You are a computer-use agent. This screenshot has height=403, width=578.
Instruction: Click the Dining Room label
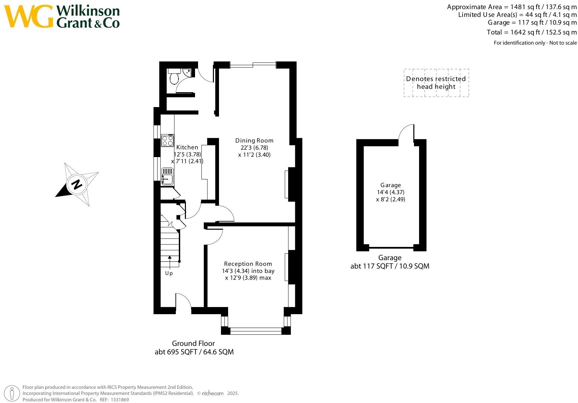pos(254,141)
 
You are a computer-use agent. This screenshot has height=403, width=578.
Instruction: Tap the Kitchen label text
pos(187,147)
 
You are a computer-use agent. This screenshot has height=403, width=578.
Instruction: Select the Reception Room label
pos(248,264)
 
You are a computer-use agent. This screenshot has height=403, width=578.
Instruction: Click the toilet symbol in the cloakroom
pos(174,78)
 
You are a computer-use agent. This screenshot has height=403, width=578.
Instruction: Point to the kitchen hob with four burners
pos(167,140)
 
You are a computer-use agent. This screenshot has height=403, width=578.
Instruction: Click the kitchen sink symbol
pos(167,177)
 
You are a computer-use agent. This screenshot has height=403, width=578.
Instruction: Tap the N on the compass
pos(77,184)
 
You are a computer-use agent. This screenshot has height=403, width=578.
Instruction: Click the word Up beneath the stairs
pos(169,273)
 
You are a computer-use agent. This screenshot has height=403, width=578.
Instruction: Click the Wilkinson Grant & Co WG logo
pos(29,16)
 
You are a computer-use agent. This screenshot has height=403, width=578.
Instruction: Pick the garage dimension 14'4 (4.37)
pos(390,192)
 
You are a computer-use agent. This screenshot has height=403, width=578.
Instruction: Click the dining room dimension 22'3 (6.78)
pos(254,148)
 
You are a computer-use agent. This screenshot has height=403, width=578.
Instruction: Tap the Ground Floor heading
pos(193,344)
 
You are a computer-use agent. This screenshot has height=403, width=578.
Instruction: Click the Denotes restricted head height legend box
pos(436,83)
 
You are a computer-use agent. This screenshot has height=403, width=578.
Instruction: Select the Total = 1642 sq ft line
pos(531,32)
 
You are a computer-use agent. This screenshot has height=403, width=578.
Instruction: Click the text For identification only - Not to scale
pos(535,43)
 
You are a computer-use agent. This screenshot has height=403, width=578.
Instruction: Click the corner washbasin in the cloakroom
pos(187,72)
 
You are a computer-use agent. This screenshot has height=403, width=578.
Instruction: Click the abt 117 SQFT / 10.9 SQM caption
pos(390,266)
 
